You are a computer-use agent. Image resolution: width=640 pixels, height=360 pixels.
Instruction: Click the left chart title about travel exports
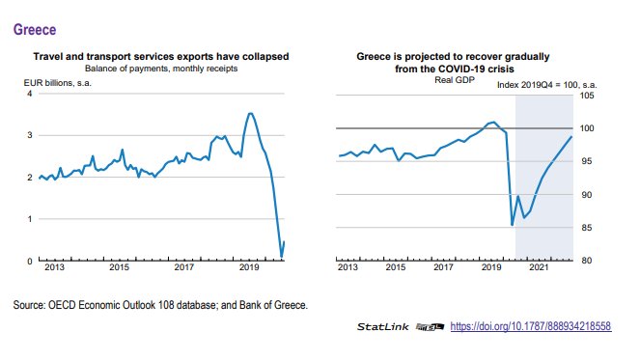point(160,57)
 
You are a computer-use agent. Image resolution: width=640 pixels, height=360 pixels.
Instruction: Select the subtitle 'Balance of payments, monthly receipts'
point(160,69)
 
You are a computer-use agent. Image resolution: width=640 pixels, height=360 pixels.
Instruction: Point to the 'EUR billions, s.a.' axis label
point(58,83)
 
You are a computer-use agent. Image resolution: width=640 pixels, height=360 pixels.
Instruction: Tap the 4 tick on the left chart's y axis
point(29,94)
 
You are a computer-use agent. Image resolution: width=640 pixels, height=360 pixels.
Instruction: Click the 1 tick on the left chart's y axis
point(29,219)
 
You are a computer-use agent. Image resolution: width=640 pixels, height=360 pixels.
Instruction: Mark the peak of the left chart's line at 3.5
point(251,114)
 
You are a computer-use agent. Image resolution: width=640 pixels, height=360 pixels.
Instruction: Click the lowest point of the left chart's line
point(281,257)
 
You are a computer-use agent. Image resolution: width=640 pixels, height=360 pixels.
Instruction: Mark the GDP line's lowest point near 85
point(513,225)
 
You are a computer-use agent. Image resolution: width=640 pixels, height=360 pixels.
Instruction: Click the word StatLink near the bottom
point(385,328)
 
